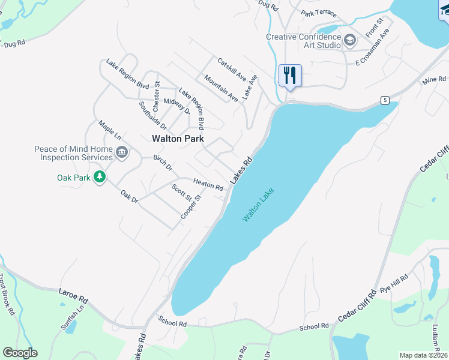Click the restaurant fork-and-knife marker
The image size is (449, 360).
tap(290, 76)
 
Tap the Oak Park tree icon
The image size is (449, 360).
tap(100, 178)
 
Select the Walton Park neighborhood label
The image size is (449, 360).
tap(178, 138)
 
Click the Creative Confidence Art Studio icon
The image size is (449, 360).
tap(351, 40)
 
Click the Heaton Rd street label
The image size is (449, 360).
tap(208, 184)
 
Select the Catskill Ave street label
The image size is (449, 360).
tap(232, 69)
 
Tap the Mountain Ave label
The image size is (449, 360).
tap(220, 88)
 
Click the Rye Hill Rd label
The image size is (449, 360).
tap(396, 285)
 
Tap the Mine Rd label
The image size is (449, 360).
tap(434, 80)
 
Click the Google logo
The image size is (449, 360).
tap(20, 353)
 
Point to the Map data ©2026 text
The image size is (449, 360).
tap(423, 355)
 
